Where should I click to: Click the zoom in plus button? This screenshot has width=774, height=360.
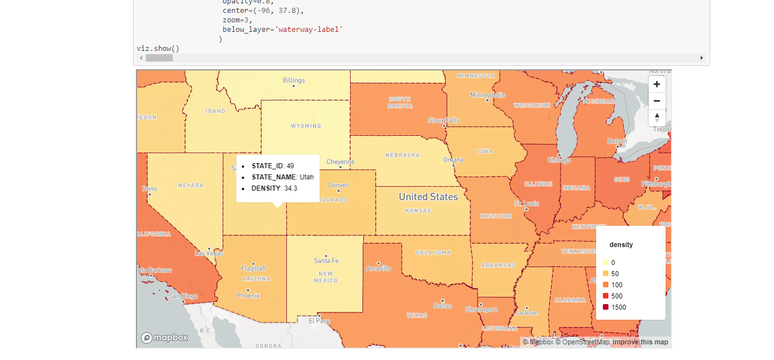coord(657,84)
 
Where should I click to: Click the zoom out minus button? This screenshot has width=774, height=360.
coord(657,101)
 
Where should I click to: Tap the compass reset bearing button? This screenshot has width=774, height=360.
coord(657,117)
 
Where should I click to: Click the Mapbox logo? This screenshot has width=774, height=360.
coord(164,338)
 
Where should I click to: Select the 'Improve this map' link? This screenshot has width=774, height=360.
coord(640,342)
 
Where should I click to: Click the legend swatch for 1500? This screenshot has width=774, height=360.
coord(606,307)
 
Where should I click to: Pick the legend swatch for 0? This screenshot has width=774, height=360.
coord(606,262)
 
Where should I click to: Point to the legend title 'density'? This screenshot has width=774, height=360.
coord(621,244)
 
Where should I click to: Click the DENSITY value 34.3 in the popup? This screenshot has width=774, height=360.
coord(291,188)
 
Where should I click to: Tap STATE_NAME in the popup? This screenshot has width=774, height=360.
coord(274,177)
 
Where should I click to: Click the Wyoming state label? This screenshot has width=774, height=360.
coord(306,126)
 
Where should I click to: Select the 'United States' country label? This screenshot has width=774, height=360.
coord(428,197)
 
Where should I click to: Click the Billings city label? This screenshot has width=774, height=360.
coord(294,80)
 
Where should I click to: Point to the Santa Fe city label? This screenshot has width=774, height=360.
coord(326,261)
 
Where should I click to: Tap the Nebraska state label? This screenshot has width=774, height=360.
coord(402,155)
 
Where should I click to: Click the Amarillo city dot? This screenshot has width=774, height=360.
coord(379,263)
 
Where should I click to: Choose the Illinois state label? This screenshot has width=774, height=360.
coord(538,184)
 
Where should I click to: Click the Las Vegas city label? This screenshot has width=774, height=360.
coord(208,253)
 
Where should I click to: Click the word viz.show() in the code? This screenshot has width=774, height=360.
coord(158,49)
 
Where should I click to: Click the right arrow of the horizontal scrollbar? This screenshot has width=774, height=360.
coord(701,58)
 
